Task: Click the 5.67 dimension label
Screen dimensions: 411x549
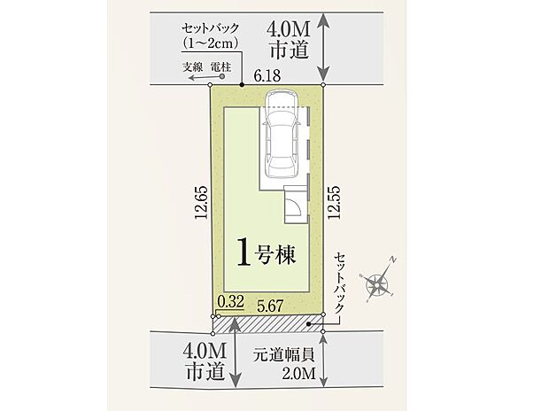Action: pos(272,304)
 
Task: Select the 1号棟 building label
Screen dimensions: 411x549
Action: pos(266,252)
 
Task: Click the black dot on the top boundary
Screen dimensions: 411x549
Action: pos(239,86)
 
